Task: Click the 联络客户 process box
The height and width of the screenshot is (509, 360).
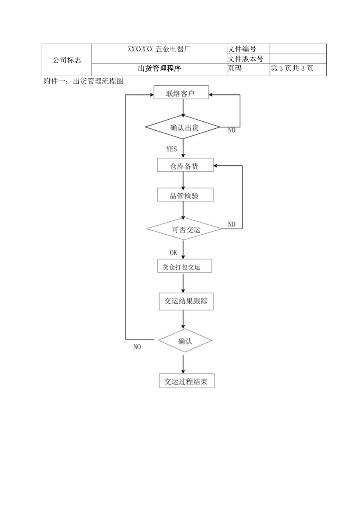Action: coord(181,94)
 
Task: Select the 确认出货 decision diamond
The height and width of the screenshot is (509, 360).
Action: coord(183,127)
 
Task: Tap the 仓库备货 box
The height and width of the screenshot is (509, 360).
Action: coord(185,165)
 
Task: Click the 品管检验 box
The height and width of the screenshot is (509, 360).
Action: coord(185,196)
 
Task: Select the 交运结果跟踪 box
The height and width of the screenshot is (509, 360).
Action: coord(186,301)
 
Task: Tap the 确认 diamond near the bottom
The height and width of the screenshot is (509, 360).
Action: coord(185,340)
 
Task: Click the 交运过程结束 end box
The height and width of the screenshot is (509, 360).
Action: coord(187,381)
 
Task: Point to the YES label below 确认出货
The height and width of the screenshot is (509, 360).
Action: coord(172,149)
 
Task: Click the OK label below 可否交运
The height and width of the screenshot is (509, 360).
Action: coord(173,252)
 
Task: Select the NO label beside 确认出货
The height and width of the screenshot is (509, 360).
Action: coord(232,131)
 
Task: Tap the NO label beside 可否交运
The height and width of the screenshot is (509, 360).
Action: coord(232,225)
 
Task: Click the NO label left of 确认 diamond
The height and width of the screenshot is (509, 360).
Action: coord(137,347)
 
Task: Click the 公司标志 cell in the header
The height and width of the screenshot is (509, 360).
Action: coord(67,60)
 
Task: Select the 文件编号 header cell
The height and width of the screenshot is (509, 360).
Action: coord(242,49)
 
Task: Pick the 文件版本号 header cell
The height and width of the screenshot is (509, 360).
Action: coord(245,59)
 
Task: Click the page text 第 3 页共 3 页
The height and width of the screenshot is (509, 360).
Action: coord(292,69)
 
